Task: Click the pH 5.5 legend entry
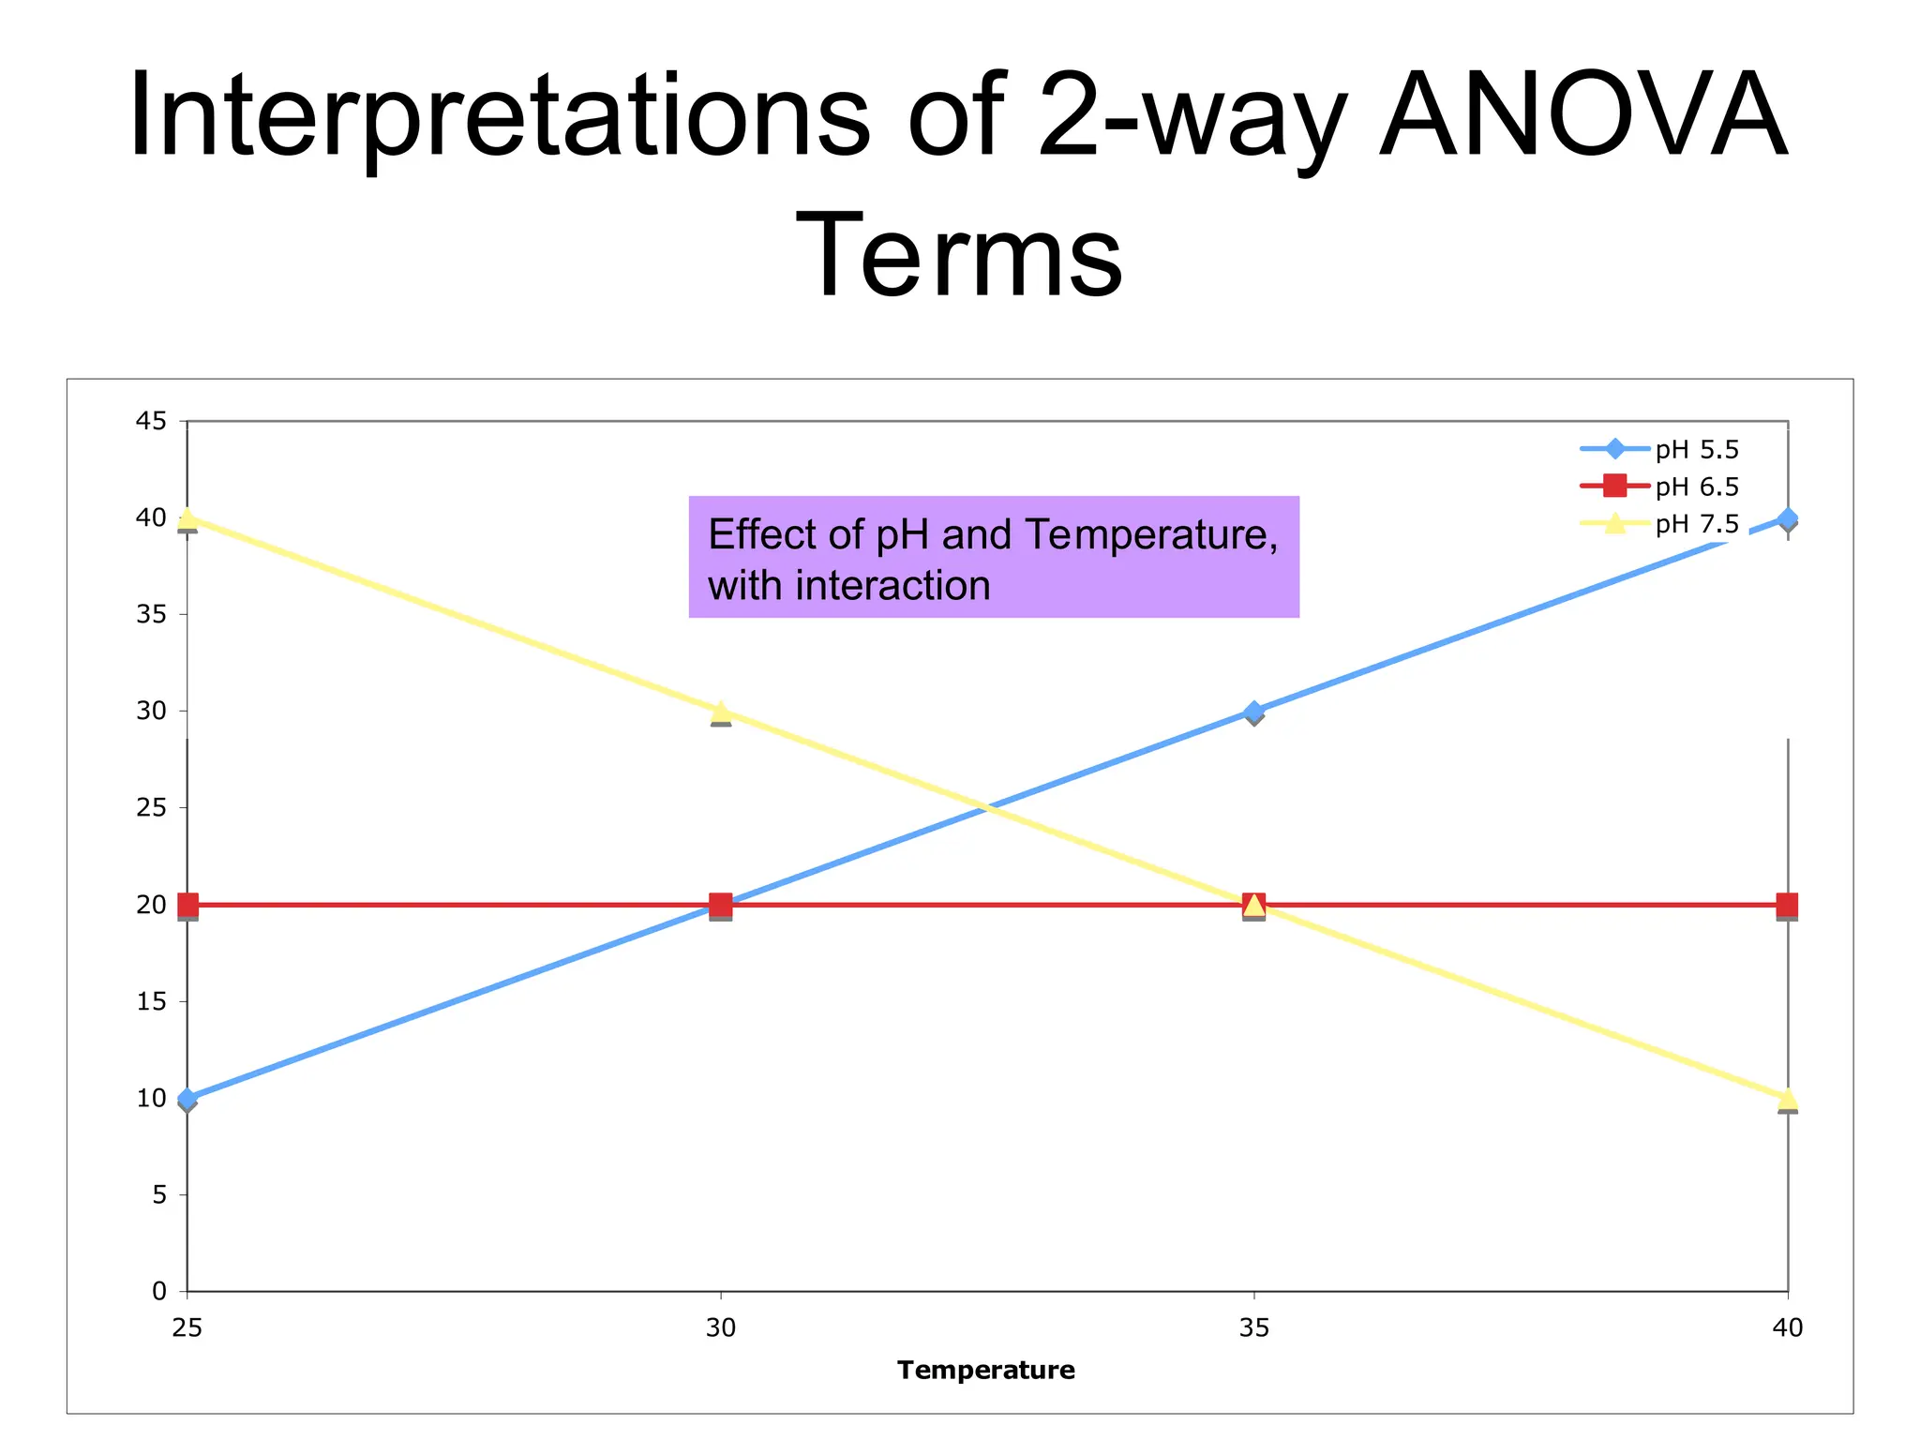(x=1696, y=450)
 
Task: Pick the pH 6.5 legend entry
(x=1696, y=487)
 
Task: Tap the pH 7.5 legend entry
(x=1696, y=524)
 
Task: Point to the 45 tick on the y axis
(x=151, y=422)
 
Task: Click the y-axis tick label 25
(x=151, y=808)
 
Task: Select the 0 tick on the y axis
(x=158, y=1292)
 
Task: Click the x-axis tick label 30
(x=720, y=1328)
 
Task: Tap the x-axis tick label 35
(x=1254, y=1328)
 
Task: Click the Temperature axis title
(x=985, y=1371)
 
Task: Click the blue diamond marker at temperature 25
(x=187, y=1099)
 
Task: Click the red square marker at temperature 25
(x=187, y=905)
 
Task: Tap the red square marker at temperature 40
(x=1788, y=905)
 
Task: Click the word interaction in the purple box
(x=892, y=586)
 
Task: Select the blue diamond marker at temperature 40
(x=1788, y=519)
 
